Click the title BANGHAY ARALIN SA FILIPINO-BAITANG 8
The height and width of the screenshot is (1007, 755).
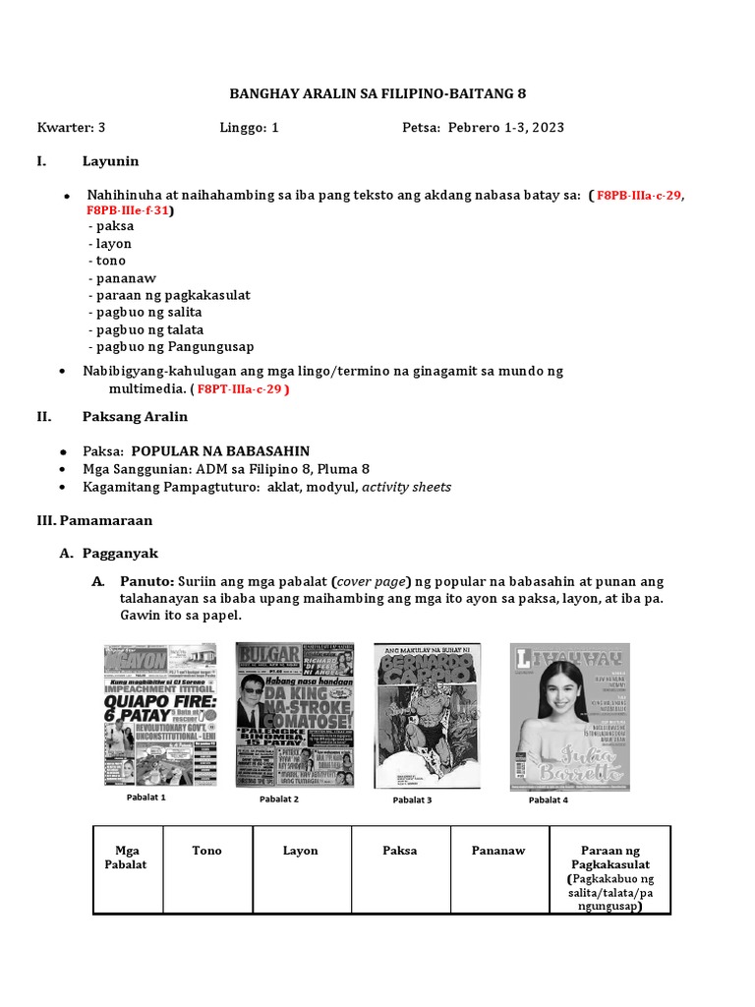tap(377, 94)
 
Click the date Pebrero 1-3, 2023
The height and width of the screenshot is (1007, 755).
tap(505, 128)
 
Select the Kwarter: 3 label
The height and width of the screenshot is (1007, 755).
tap(71, 128)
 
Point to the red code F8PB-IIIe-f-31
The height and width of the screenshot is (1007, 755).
tap(128, 210)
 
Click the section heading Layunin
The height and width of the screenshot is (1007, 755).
tap(110, 160)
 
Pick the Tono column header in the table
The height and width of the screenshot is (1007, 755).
tap(206, 851)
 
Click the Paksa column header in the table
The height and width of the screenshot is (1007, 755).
tap(400, 851)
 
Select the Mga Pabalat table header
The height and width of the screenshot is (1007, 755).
tap(127, 858)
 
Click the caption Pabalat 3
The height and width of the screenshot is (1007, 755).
tap(412, 800)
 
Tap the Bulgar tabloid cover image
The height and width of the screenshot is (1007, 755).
tap(282, 714)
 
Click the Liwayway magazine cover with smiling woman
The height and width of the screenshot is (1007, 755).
tap(569, 716)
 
